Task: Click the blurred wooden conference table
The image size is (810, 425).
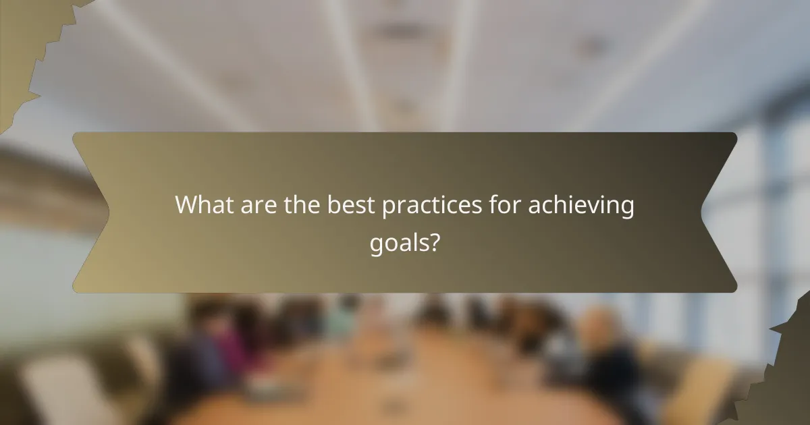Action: (x=405, y=391)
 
